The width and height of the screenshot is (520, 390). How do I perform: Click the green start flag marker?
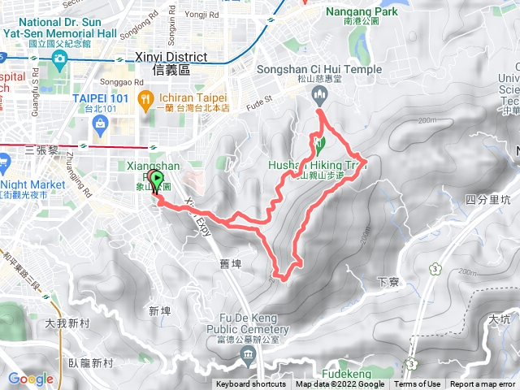tap(157, 181)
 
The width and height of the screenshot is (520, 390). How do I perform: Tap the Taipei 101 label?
tap(96, 97)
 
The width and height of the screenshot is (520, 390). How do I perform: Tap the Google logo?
tap(30, 379)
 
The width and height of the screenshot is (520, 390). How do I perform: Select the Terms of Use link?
tap(418, 384)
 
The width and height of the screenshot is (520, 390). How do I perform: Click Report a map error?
tap(483, 384)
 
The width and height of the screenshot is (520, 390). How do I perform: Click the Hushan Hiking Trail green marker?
tap(319, 147)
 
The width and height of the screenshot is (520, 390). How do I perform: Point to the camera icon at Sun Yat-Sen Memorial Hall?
tap(58, 58)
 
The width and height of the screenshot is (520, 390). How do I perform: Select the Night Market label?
tap(34, 184)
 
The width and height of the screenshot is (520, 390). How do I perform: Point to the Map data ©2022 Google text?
tap(340, 384)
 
